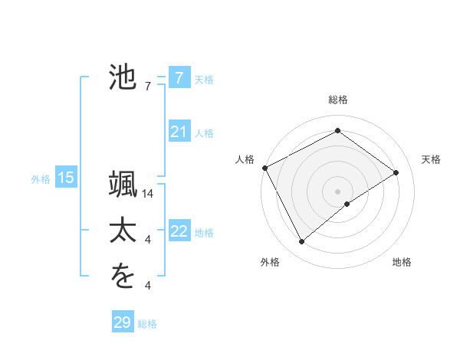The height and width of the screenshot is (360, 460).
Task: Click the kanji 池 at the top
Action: pos(123,77)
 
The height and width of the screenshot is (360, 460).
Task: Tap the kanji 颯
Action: pos(123,185)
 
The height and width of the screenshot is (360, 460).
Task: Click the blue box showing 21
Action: pos(179,133)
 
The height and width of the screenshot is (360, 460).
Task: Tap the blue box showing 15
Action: pos(66,178)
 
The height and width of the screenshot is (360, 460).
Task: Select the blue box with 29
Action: pos(123,322)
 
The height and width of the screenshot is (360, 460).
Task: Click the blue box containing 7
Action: pos(179,77)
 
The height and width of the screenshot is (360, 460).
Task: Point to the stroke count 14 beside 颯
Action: pos(149,195)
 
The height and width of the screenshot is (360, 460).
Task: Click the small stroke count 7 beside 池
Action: pos(148,87)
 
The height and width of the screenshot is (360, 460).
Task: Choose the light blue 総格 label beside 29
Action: pos(147,324)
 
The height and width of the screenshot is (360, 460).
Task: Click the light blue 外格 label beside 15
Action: pos(41,179)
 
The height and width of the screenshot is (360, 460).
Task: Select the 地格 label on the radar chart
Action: pos(402,262)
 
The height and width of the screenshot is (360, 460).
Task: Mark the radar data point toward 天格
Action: pos(396,172)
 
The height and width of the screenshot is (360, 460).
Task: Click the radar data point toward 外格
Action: pos(302,242)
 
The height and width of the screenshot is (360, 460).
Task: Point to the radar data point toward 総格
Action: pos(337,131)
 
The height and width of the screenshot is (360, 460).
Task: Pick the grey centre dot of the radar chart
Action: pos(337,191)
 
